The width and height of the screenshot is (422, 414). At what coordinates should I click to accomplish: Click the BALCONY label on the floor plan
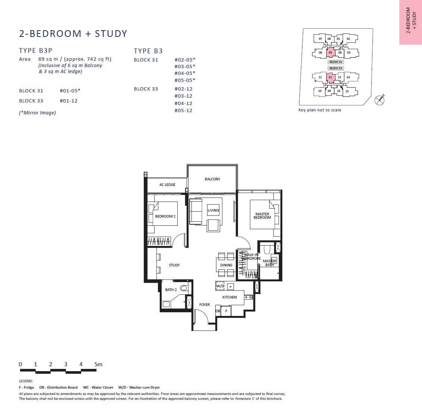(212, 179)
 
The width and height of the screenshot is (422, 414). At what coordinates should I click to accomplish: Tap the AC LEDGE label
(167, 185)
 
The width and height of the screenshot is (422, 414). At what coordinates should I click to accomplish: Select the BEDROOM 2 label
(165, 216)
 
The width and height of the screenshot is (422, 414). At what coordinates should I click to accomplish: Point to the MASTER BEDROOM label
(262, 216)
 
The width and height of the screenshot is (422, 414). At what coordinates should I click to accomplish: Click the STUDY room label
(174, 265)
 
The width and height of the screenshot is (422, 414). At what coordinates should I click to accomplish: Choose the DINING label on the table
(226, 265)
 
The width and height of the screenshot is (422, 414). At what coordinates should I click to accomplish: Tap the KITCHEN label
(229, 297)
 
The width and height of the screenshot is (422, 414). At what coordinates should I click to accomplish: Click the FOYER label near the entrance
(204, 305)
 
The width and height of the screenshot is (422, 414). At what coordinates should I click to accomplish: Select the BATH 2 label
(171, 290)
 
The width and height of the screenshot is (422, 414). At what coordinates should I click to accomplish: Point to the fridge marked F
(226, 311)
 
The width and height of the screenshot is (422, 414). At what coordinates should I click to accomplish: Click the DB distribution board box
(218, 311)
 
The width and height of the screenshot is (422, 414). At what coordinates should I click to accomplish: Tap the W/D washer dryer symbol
(220, 286)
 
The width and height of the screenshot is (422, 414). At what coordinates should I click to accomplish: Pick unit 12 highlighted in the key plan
(330, 77)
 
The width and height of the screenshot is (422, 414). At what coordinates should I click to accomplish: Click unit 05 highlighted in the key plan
(330, 53)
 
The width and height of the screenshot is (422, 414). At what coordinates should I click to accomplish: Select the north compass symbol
(380, 100)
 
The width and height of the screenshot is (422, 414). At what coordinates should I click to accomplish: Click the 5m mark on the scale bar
(98, 364)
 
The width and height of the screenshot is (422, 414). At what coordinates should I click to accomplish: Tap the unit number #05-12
(183, 110)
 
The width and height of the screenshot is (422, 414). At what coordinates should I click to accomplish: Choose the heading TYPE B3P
(35, 51)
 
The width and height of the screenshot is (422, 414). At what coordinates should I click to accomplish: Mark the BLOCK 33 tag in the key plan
(336, 68)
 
